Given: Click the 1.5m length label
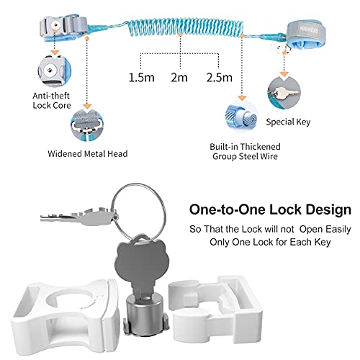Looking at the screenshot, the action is [142, 78].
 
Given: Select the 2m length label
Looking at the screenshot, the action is [179, 78].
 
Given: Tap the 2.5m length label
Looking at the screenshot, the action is [220, 78].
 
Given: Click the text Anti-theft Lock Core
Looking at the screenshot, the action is [52, 101].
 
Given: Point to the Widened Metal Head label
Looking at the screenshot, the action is [88, 153].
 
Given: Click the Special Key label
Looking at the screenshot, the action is [288, 122].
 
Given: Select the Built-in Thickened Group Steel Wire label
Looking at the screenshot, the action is [245, 151].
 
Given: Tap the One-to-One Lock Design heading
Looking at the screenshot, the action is [270, 210].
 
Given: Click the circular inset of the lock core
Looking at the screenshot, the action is [55, 71].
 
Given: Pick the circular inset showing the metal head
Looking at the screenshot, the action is [87, 125].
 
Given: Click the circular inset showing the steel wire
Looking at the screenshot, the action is [242, 117].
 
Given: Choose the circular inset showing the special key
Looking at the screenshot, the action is [284, 92].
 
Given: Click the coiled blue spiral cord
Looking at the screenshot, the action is [185, 27].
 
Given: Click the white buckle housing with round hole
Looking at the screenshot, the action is [66, 315].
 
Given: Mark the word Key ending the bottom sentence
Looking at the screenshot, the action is [323, 242].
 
